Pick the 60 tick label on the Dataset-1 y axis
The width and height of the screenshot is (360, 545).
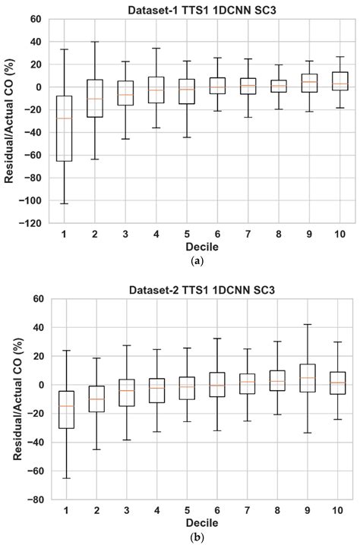(x=36, y=19)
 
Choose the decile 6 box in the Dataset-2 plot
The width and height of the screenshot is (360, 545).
(x=216, y=384)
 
